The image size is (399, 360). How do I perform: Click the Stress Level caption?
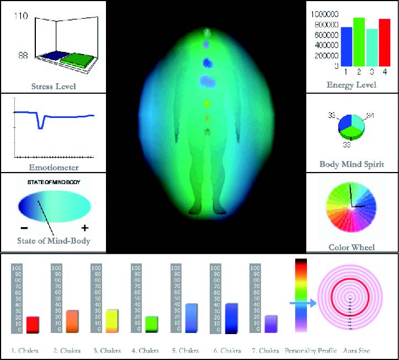pyautogui.click(x=54, y=87)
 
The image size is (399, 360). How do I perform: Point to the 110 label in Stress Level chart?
pyautogui.click(x=21, y=17)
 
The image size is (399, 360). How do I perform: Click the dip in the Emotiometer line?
pyautogui.click(x=40, y=126)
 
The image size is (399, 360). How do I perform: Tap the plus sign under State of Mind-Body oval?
pyautogui.click(x=84, y=227)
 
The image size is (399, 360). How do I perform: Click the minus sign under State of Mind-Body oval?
pyautogui.click(x=24, y=227)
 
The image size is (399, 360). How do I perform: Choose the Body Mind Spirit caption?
pyautogui.click(x=352, y=164)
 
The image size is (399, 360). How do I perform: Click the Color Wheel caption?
pyautogui.click(x=352, y=248)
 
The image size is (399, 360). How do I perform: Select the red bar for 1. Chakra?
pyautogui.click(x=33, y=324)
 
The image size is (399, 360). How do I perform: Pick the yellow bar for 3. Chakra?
pyautogui.click(x=111, y=321)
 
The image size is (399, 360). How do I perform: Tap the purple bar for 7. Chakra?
pyautogui.click(x=271, y=324)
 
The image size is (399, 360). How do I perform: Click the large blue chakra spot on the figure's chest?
pyautogui.click(x=208, y=82)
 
